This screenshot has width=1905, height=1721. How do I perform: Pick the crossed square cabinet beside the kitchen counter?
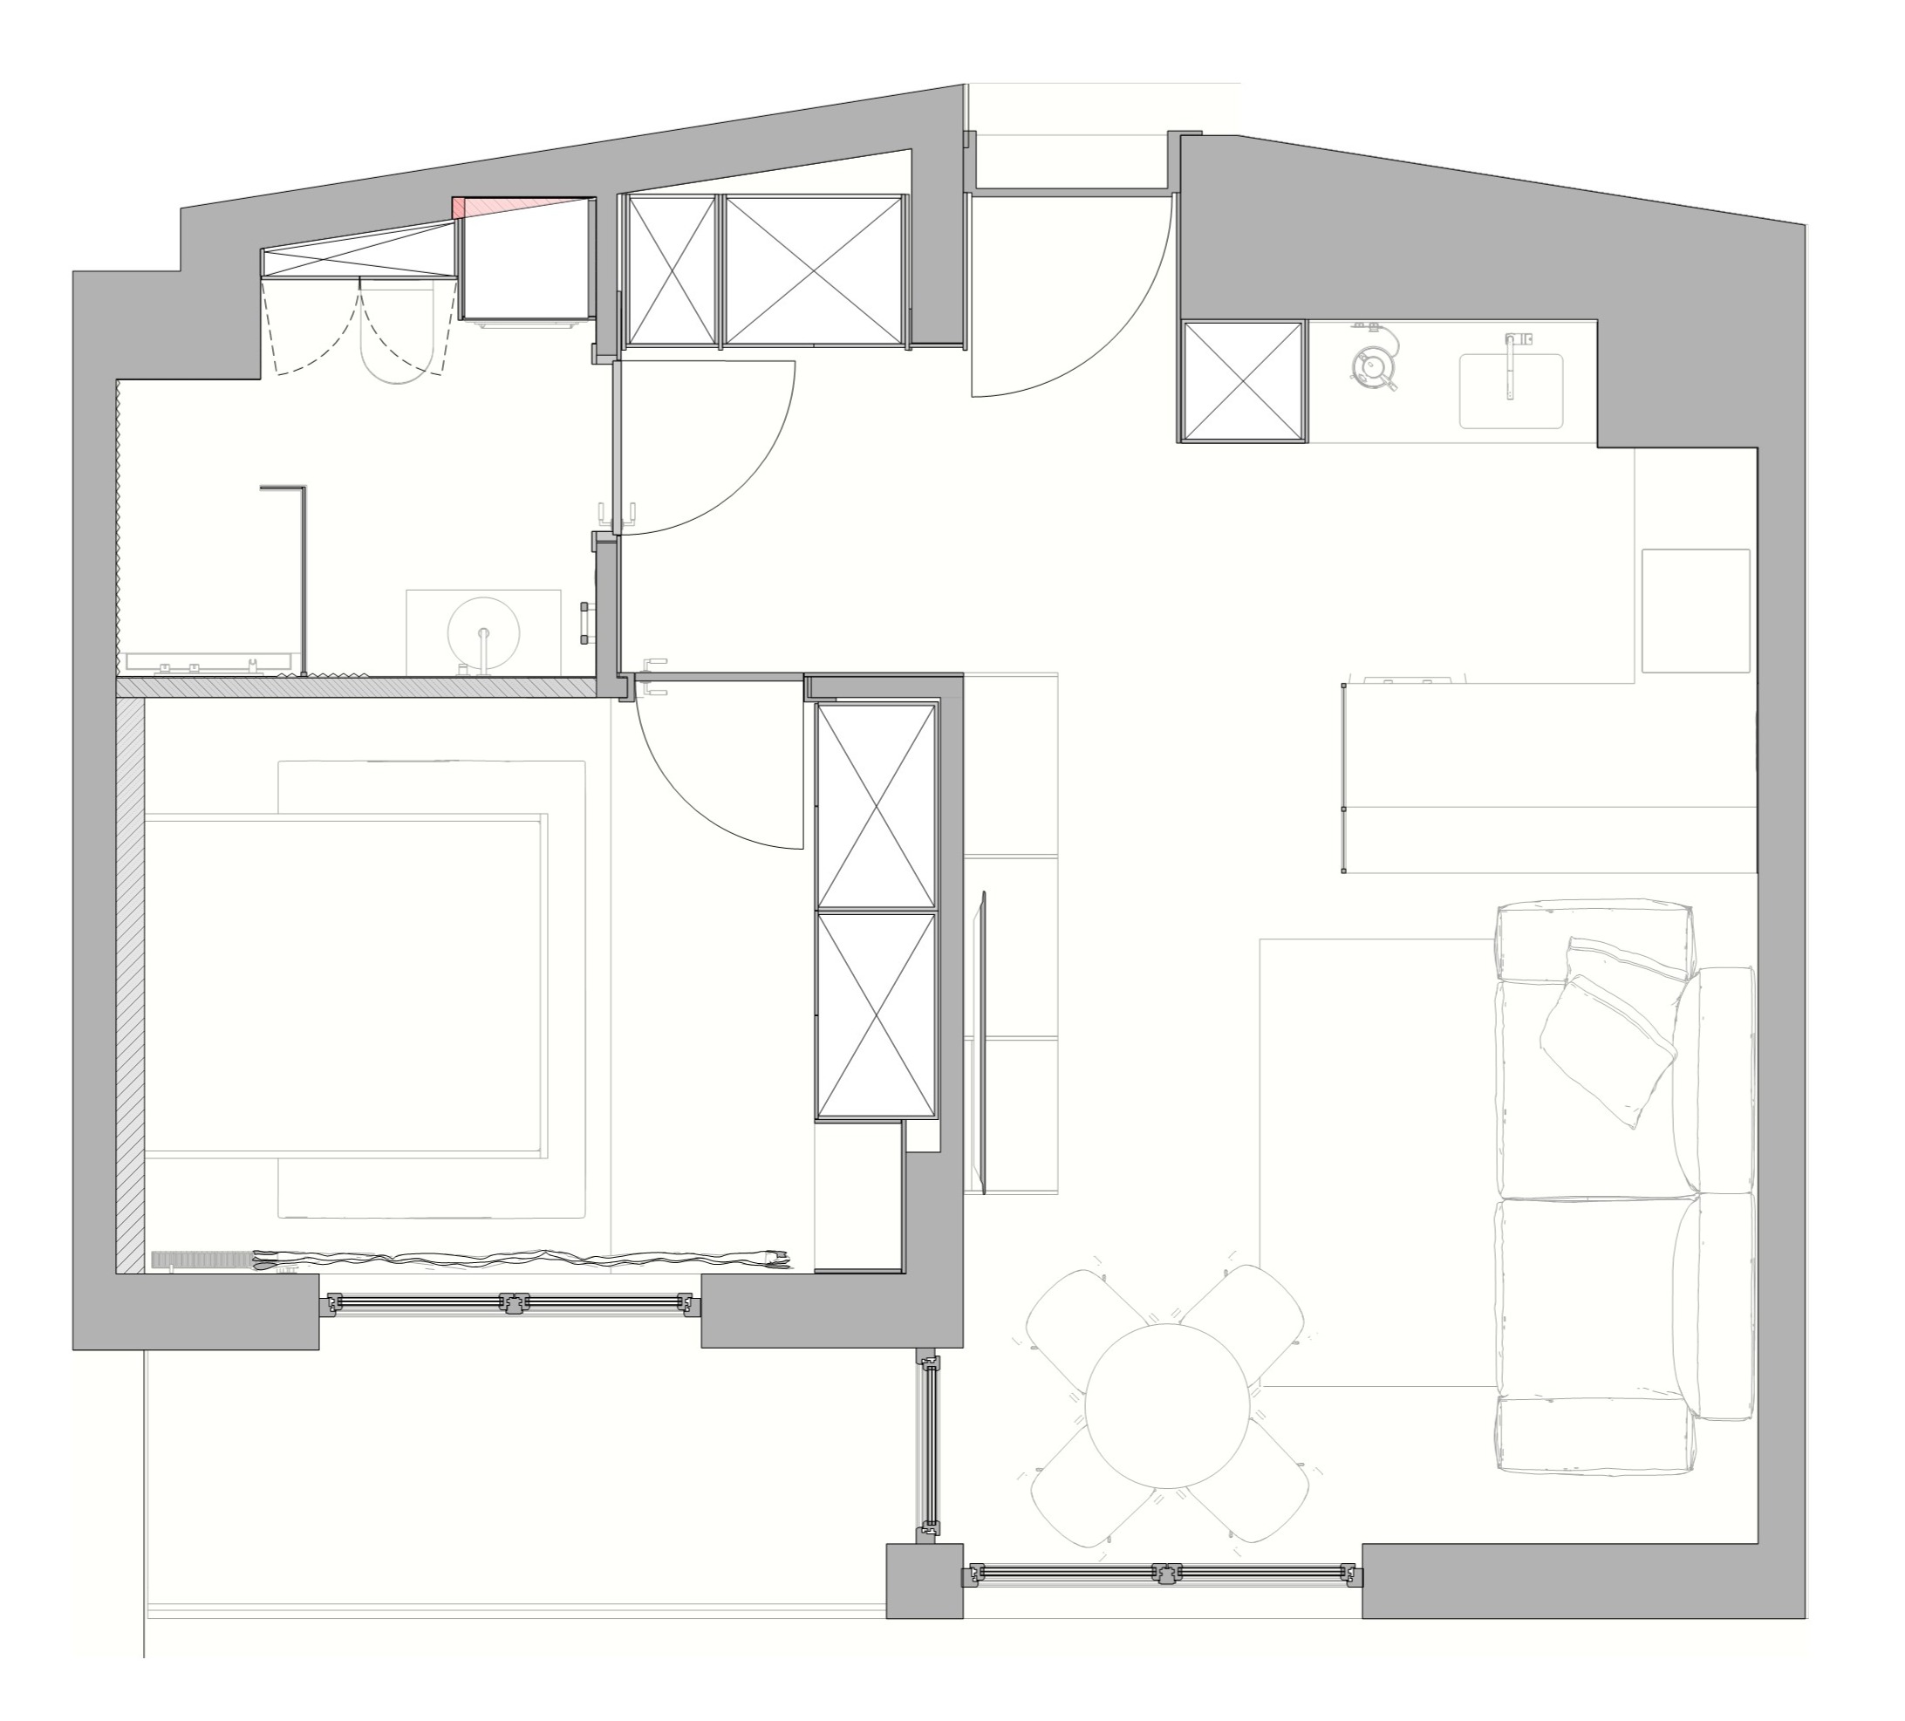point(1242,381)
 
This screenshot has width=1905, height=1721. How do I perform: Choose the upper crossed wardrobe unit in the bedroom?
point(875,805)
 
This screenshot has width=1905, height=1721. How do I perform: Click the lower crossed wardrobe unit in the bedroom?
point(875,1015)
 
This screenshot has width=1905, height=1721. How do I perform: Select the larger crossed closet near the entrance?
point(813,270)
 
